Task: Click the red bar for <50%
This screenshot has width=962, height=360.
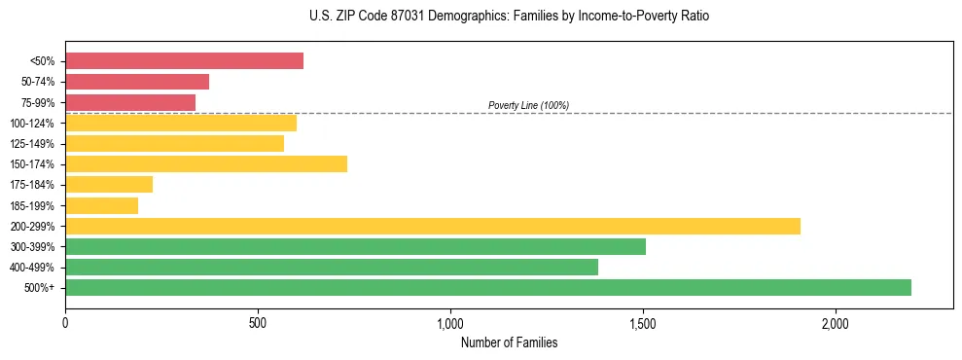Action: (x=184, y=61)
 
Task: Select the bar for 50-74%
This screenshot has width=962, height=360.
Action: (x=137, y=82)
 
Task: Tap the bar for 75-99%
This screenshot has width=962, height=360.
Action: (x=130, y=102)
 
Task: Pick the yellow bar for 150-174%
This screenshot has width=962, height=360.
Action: (x=206, y=163)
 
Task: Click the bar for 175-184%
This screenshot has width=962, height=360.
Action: (x=109, y=184)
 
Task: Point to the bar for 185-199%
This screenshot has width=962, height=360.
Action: (x=101, y=205)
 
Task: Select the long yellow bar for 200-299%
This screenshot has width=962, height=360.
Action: (x=433, y=226)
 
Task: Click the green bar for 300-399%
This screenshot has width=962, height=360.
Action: (x=355, y=246)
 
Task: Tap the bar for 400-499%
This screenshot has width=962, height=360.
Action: (x=332, y=267)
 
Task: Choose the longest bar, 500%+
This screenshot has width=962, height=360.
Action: (x=488, y=287)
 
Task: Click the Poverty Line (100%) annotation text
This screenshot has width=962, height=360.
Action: (x=528, y=105)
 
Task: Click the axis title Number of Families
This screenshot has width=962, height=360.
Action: (x=509, y=342)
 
